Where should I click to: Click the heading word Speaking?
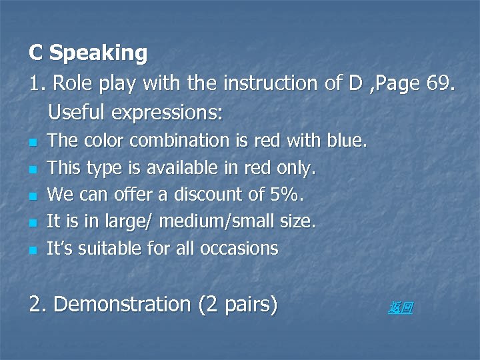click(99, 53)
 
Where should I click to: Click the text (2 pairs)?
click(237, 305)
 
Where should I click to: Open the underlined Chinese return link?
click(401, 307)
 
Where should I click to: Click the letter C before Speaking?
click(37, 53)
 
